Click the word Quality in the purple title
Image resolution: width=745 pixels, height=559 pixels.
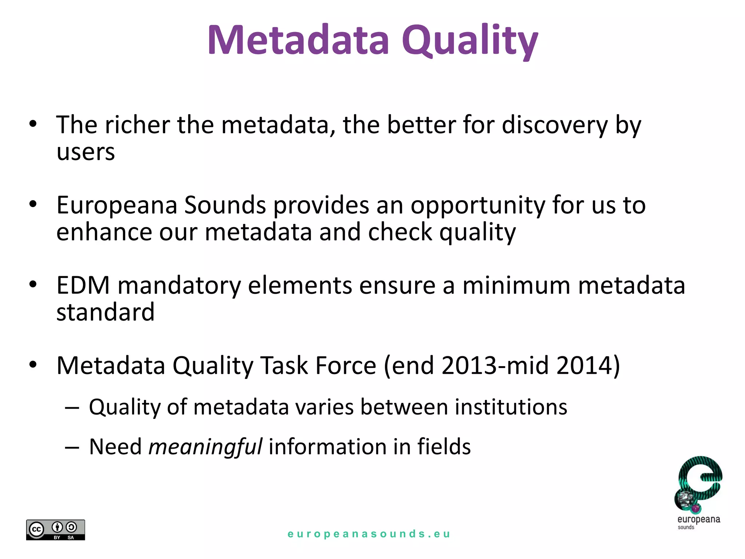(469, 41)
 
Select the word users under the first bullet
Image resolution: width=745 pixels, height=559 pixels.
(86, 152)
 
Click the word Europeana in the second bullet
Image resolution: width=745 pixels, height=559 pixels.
(117, 206)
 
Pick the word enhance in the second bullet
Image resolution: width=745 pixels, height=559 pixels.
(104, 232)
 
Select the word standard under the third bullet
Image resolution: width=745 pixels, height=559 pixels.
(105, 312)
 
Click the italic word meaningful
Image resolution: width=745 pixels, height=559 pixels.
(205, 447)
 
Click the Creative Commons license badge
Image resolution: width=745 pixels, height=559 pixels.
(56, 530)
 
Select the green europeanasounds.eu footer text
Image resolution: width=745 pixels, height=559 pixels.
(369, 534)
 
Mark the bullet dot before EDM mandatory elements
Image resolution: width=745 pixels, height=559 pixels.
(33, 285)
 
